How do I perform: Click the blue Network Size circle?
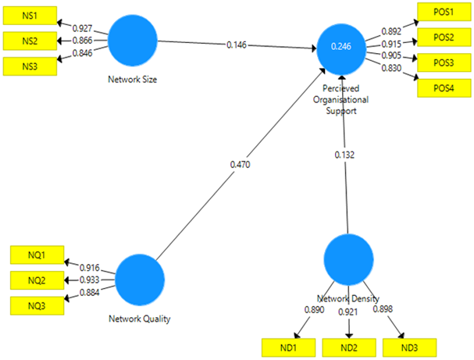pos(132,41)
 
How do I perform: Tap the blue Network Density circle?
pos(348,260)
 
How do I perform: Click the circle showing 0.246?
pos(341,47)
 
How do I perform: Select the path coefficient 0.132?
pos(344,155)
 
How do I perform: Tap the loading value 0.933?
pos(87,280)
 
